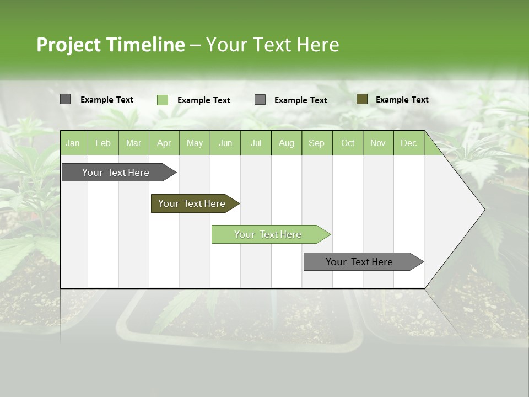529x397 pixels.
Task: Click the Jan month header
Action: (73, 143)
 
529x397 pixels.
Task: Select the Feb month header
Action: (103, 143)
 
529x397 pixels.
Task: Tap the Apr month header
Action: (164, 143)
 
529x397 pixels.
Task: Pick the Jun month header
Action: (225, 143)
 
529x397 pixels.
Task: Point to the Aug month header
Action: (286, 143)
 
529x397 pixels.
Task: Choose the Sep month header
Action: (316, 143)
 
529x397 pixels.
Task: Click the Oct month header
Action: (348, 143)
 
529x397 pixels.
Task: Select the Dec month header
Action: (408, 143)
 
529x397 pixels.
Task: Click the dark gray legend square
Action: (66, 99)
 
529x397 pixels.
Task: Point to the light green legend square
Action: (163, 100)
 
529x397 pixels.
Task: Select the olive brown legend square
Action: (362, 99)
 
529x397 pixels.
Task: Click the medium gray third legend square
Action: (260, 100)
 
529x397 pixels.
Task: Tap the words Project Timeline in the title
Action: (111, 45)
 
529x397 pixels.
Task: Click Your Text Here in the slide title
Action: (272, 45)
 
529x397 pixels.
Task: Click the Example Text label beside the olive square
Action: (402, 100)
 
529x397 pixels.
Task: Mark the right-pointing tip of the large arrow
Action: (483, 210)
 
